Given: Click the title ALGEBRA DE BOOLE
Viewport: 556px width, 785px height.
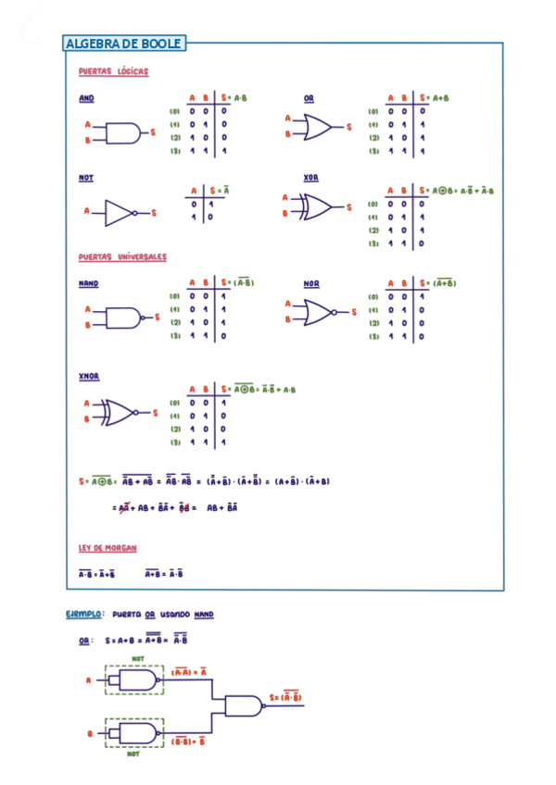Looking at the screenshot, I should [124, 44].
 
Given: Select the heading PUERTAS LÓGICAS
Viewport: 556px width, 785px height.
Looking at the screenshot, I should [113, 71].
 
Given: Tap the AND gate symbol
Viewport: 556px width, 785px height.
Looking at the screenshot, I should [122, 133].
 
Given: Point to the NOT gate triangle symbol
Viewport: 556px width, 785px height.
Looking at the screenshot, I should [120, 212].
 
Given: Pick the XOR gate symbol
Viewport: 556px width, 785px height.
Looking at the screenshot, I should [316, 206].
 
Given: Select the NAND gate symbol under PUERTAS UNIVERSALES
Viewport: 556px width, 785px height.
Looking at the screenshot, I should [123, 318].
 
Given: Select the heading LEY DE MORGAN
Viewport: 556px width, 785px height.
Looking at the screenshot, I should [107, 548].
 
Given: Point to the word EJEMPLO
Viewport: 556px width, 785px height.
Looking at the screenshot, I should [84, 614].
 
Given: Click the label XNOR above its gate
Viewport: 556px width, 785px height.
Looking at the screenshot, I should [89, 377].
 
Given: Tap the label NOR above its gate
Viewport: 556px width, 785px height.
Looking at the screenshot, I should [311, 283].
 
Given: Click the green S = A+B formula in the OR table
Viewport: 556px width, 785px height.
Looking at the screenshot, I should [435, 97].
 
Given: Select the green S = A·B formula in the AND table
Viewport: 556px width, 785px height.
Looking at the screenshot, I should [235, 97].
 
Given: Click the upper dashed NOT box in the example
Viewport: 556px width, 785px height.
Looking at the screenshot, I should [135, 680].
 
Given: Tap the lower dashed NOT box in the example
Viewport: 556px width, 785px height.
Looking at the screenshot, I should [135, 733].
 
